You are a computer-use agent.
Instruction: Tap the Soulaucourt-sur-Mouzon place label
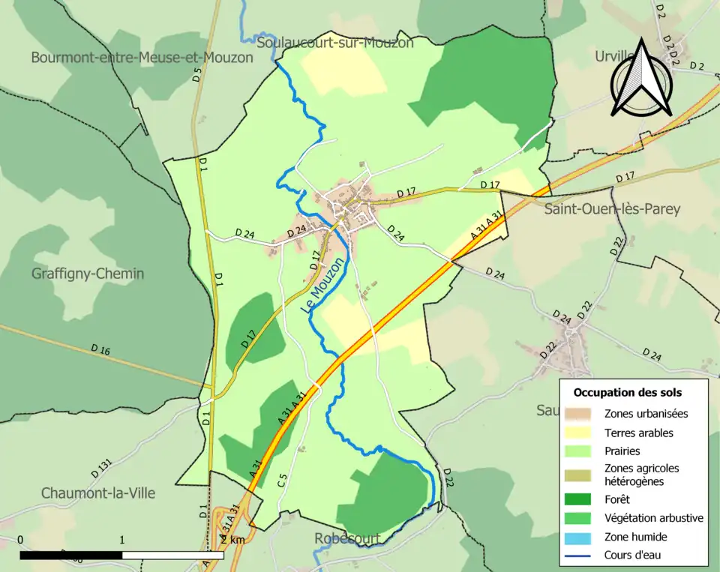[x=334, y=43]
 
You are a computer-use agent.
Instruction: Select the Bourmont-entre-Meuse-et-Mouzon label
[x=142, y=57]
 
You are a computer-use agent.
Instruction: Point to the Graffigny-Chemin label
[x=88, y=274]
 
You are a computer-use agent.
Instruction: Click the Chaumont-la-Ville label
[x=98, y=493]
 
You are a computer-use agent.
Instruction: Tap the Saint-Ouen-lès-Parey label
[x=612, y=209]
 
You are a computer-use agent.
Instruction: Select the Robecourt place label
[x=347, y=538]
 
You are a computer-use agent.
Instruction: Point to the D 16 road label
[x=100, y=349]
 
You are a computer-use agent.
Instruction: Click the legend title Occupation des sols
[x=627, y=392]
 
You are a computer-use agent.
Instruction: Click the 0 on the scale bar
[x=20, y=540]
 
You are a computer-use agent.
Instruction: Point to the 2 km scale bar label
[x=232, y=540]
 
